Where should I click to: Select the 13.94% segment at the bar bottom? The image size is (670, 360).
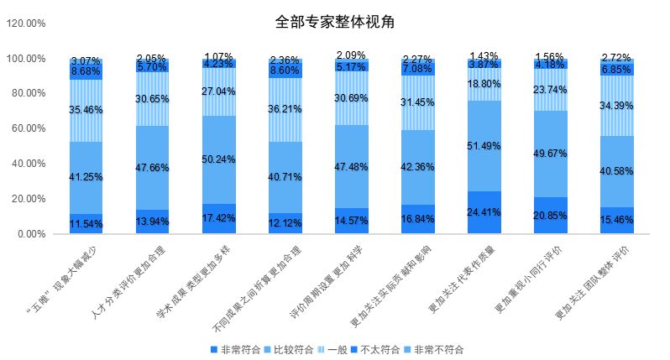(152, 222)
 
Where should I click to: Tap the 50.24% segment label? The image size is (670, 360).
(218, 160)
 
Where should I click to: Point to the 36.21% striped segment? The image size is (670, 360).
(285, 109)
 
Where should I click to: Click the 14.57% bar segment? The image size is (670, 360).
(352, 221)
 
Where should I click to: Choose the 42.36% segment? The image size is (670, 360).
(417, 167)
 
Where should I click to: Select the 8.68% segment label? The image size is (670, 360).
(86, 73)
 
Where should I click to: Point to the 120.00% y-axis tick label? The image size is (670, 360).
(26, 23)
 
